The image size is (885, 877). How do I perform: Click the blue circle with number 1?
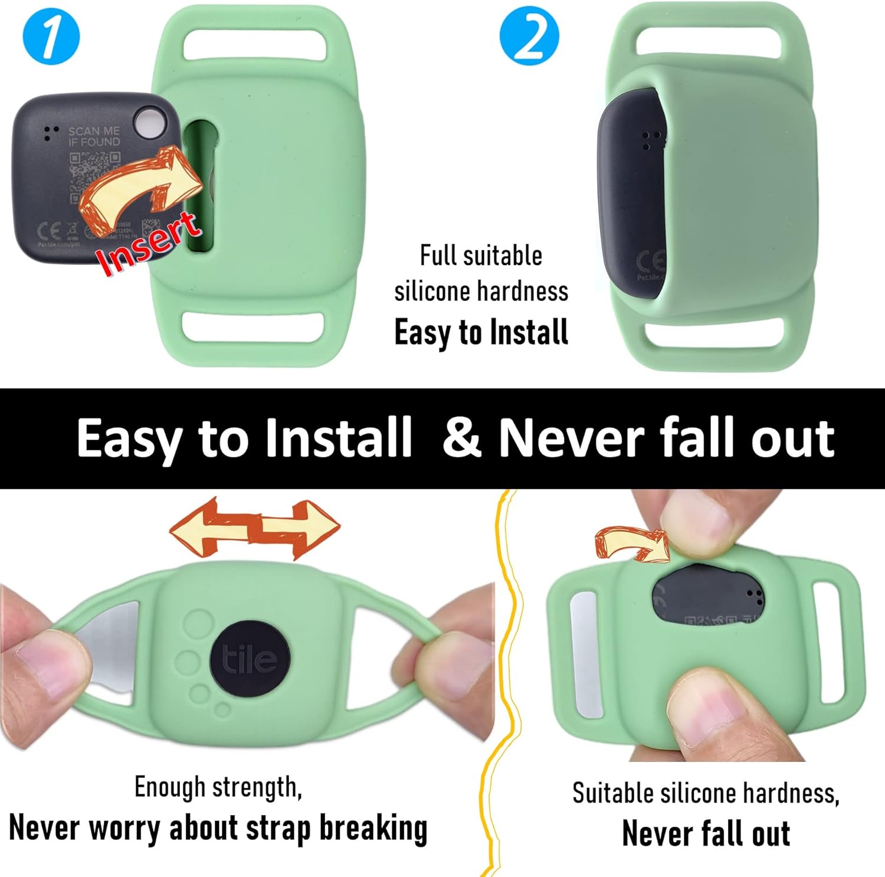tap(51, 36)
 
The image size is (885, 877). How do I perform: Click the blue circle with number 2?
tap(529, 36)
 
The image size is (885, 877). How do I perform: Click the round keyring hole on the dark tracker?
tap(150, 124)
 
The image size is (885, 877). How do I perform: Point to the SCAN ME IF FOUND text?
tap(94, 136)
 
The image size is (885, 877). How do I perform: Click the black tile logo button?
tap(250, 659)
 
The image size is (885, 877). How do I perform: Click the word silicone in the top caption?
tap(433, 292)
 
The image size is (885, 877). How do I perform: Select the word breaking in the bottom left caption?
tap(373, 828)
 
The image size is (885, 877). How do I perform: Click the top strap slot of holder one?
tap(255, 45)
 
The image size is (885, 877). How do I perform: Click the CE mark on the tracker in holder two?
tap(651, 260)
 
